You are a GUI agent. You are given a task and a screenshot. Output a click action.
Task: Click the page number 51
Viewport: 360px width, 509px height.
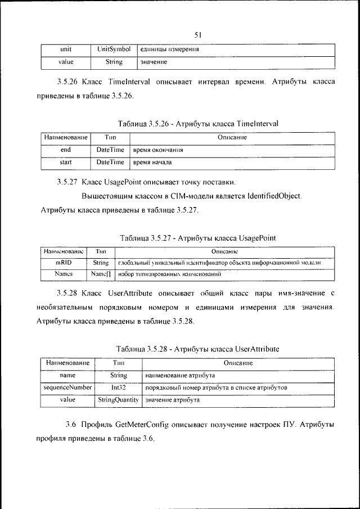pos(197,35)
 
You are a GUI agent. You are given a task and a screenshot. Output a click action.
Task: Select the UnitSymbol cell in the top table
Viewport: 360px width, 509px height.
pos(113,49)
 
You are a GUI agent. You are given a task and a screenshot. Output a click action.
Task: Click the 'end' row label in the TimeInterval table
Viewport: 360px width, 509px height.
pos(66,150)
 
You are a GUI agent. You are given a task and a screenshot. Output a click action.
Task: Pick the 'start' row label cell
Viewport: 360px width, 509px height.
pos(66,163)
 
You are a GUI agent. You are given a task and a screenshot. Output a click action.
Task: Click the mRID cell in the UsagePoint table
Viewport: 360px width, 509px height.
pos(63,263)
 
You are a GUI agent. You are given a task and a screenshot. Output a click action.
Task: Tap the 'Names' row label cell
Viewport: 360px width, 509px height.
pos(63,274)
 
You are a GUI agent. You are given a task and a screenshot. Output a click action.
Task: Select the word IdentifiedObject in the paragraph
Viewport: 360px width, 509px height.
pos(271,196)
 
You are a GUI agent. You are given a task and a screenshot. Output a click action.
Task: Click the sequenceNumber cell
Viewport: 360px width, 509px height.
pos(67,388)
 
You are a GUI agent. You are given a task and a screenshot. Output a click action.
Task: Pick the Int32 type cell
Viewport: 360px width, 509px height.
pos(118,388)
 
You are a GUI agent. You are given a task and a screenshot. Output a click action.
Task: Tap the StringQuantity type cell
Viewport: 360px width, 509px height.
pos(118,400)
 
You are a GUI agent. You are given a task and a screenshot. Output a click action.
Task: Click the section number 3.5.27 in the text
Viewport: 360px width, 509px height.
pos(67,182)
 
